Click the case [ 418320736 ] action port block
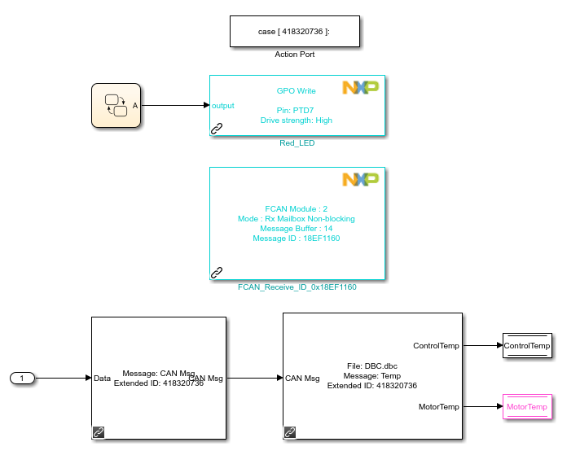tap(294, 31)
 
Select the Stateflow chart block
tap(115, 105)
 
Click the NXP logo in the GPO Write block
tap(360, 88)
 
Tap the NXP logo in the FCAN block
tap(360, 179)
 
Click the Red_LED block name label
tap(297, 143)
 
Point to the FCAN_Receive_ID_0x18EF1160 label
tap(297, 287)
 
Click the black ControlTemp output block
tap(527, 346)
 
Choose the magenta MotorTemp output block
tap(527, 406)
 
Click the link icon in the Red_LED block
tap(217, 128)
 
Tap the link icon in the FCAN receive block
tap(217, 272)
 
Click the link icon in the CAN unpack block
tap(289, 432)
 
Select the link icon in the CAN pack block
tap(99, 432)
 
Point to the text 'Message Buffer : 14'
tap(296, 229)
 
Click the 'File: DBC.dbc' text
tap(372, 366)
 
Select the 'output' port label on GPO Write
tap(222, 106)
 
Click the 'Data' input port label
tap(103, 378)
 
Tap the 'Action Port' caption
tap(294, 55)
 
